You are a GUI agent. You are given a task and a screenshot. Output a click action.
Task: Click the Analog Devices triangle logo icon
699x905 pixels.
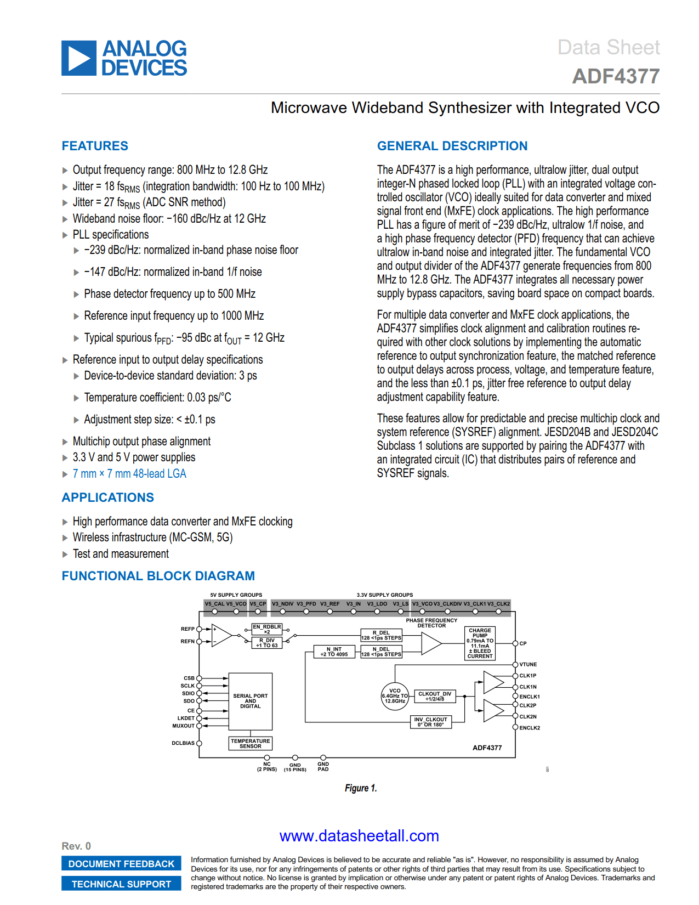coord(79,58)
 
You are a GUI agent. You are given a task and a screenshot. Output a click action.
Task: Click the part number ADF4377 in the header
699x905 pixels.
coord(616,76)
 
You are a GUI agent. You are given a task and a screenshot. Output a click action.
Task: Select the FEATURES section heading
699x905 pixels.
coord(95,146)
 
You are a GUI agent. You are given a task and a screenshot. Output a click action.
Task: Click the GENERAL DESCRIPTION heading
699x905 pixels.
coord(452,146)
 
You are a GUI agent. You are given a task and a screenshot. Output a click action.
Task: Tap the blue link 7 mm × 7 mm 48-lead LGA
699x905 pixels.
coord(129,474)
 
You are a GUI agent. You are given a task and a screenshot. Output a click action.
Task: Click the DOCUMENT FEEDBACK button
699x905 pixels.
coord(121,864)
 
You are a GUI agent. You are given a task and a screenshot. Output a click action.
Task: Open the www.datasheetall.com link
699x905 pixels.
coord(359,836)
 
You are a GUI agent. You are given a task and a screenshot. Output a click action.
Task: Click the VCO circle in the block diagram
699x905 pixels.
coord(395,696)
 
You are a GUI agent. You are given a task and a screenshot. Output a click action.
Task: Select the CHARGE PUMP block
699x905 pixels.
coord(480,643)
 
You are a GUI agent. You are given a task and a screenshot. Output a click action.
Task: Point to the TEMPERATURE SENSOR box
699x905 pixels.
coord(251,744)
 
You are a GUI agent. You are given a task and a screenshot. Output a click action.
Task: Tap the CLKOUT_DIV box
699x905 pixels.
coord(435,696)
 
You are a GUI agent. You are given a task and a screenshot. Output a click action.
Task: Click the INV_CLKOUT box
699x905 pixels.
coord(430,722)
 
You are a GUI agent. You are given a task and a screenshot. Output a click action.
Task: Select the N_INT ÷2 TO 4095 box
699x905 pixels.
coord(334,652)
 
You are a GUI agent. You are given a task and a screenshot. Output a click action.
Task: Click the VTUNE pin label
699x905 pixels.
coord(528,665)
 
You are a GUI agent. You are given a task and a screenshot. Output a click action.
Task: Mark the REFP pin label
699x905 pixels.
coord(187,629)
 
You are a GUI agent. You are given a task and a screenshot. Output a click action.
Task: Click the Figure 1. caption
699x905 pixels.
coord(361,788)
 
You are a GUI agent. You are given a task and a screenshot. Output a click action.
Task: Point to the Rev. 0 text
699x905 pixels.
coord(76,846)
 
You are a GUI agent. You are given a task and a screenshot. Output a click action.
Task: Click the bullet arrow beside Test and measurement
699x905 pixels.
coord(65,555)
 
